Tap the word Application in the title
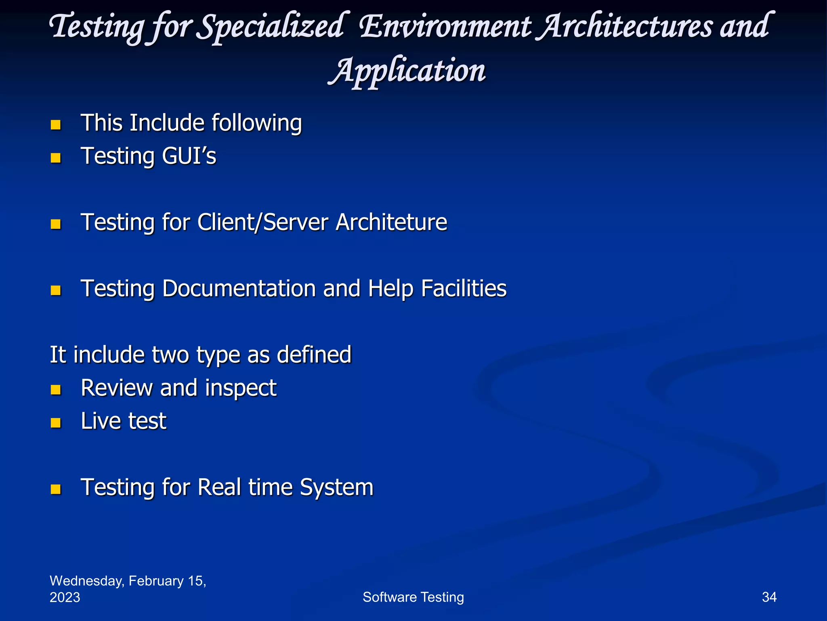click(407, 71)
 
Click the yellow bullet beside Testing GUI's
click(56, 157)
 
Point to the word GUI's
click(189, 156)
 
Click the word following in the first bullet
click(256, 123)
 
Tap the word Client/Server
click(262, 222)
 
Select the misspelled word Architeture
click(391, 222)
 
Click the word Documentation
click(239, 289)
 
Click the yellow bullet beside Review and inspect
click(56, 389)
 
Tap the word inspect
click(241, 388)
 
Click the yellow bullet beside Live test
click(56, 422)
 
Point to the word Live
click(101, 421)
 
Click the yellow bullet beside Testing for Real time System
click(56, 489)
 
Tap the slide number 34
click(769, 597)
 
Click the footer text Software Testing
click(413, 597)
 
